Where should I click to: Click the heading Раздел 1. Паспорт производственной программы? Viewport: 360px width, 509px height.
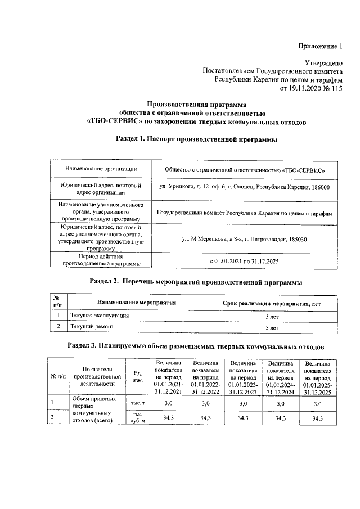pyautogui.click(x=196, y=139)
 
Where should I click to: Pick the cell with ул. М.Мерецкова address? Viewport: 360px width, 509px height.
pyautogui.click(x=244, y=240)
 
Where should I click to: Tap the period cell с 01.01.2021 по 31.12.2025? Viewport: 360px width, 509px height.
pyautogui.click(x=244, y=262)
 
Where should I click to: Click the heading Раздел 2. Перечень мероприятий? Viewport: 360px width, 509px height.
pyautogui.click(x=196, y=281)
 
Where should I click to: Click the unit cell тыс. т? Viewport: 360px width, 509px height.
pyautogui.click(x=137, y=403)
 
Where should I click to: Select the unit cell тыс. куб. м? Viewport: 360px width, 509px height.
pyautogui.click(x=137, y=418)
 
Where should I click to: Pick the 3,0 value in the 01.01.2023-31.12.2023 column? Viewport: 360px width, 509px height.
pyautogui.click(x=243, y=403)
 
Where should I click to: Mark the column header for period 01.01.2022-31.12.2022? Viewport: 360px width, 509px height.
pyautogui.click(x=205, y=377)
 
